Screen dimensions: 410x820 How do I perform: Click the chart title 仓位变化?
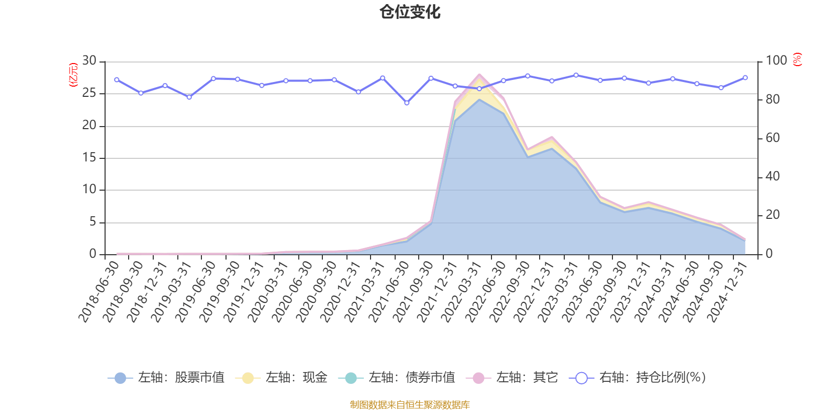(x=410, y=12)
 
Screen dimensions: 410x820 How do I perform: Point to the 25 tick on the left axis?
(x=89, y=93)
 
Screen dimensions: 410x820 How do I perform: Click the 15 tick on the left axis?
(x=89, y=158)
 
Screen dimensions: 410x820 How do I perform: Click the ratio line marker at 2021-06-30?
(x=407, y=103)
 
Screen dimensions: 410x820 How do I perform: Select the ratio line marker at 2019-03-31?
(x=189, y=97)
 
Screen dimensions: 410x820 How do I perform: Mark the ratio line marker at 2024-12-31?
(x=745, y=78)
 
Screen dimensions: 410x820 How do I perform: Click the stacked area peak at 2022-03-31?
(x=479, y=75)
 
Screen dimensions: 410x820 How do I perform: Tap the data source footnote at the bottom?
(x=410, y=405)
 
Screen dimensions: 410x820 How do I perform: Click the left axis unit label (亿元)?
(x=73, y=75)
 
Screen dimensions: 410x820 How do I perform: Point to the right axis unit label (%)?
(x=797, y=59)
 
